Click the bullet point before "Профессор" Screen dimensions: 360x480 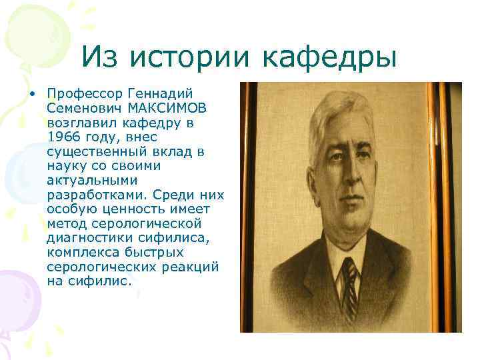[32, 93]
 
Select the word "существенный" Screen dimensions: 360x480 [93, 151]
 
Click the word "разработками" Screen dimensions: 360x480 [97, 195]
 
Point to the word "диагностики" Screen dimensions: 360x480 [85, 239]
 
